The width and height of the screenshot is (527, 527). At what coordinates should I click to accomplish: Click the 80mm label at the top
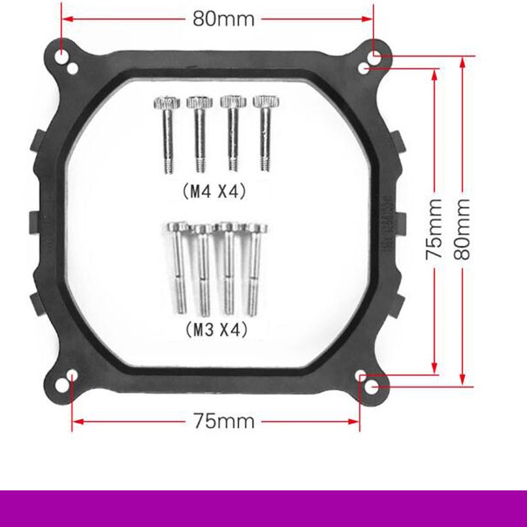coord(223,19)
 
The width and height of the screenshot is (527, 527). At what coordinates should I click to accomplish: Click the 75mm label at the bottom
coord(223,421)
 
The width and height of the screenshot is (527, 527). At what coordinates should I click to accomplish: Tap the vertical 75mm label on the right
coord(434,229)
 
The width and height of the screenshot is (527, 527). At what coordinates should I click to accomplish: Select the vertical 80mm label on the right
coord(462,229)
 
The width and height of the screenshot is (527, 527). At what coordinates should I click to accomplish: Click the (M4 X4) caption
coord(215,192)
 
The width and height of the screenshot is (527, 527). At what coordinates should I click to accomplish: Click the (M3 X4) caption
coord(217,329)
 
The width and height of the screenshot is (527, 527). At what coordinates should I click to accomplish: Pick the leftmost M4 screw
coord(167,134)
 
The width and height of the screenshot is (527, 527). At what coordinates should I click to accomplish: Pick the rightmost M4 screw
coord(265,134)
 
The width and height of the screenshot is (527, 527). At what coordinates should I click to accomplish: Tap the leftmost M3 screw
coord(179,267)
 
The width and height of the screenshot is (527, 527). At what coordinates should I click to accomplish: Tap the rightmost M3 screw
coord(256,269)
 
